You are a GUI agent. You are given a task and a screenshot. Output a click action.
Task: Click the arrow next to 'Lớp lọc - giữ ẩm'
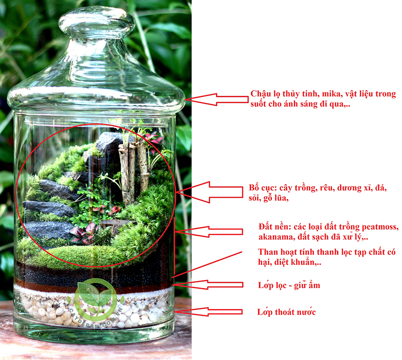point(211,285)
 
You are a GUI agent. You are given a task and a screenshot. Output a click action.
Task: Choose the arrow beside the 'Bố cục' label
point(212,192)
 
